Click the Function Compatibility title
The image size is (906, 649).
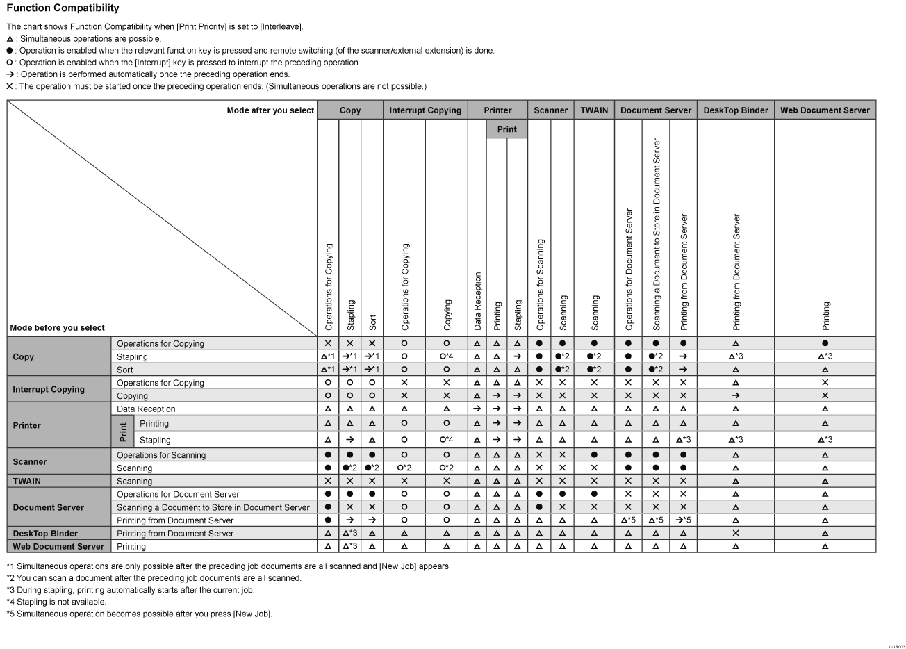63,8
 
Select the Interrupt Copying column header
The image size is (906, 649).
425,110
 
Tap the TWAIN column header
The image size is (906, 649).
594,110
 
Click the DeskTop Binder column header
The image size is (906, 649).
736,110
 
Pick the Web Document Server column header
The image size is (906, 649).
825,110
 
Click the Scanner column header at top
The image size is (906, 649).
551,110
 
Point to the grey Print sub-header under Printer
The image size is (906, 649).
507,129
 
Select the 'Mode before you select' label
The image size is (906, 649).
58,328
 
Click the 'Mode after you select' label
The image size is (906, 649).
270,110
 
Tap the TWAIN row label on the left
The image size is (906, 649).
27,481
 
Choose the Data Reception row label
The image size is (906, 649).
146,409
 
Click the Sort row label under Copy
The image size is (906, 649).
125,370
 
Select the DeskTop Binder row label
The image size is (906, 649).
45,534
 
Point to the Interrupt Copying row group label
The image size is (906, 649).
49,390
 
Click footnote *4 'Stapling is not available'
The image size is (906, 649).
56,602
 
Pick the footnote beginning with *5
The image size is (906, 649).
139,614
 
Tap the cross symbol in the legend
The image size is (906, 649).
10,87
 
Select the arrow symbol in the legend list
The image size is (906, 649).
10,74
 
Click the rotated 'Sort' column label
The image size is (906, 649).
373,322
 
